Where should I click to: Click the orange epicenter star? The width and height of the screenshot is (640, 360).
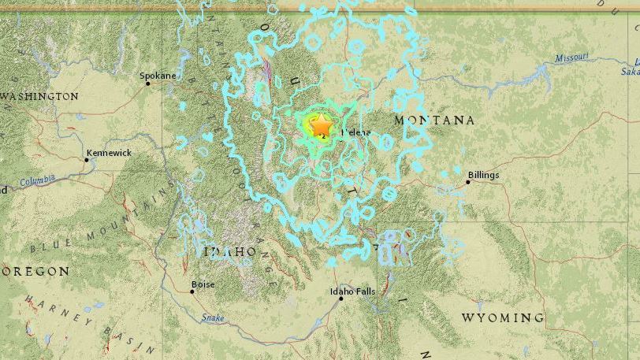tap(322, 125)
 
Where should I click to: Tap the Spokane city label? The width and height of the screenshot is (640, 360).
tap(157, 76)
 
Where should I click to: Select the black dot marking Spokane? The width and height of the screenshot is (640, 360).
tap(147, 84)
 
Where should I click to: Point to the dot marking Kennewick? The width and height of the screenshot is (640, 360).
tap(87, 160)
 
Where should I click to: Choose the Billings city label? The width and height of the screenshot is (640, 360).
tap(483, 175)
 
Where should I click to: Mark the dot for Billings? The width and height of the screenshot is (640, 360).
tap(467, 182)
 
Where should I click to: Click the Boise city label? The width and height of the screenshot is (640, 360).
tap(203, 284)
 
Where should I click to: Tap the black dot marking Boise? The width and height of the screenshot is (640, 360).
tap(192, 291)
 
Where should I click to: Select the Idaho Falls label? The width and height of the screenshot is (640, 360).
tap(352, 291)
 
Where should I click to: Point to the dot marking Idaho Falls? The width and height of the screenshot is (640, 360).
tap(340, 299)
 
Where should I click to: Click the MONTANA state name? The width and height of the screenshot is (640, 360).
tap(434, 121)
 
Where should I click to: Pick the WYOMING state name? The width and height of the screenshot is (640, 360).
tap(502, 317)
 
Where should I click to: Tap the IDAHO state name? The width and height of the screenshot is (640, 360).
tap(230, 251)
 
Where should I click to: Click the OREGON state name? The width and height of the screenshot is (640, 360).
tap(35, 271)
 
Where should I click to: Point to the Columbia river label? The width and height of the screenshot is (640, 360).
tap(37, 180)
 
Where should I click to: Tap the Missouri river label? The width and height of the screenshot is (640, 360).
tap(571, 58)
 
